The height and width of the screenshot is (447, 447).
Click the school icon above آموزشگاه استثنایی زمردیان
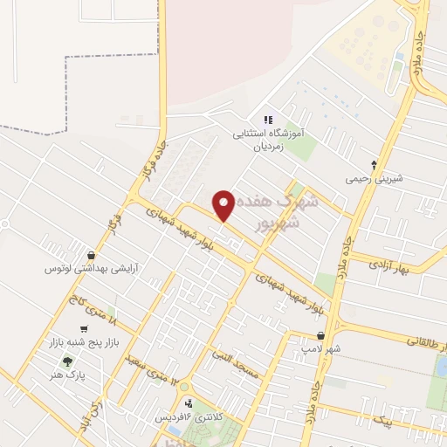[268, 120]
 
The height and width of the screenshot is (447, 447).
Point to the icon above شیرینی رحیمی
[374, 163]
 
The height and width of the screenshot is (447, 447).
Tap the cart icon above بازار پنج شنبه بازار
[83, 330]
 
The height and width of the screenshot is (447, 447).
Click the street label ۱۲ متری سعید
[150, 372]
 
